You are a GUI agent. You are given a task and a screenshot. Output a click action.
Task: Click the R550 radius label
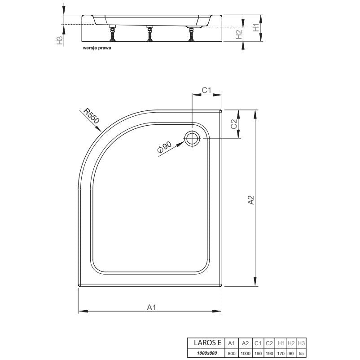(91, 116)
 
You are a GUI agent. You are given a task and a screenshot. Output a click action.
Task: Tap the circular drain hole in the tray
(192, 138)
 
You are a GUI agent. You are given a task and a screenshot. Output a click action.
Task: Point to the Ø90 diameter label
(164, 147)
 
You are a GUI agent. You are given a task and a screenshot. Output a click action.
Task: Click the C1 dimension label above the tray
(206, 90)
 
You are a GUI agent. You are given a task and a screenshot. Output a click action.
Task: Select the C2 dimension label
(234, 124)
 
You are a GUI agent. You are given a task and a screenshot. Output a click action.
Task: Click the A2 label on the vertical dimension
(251, 200)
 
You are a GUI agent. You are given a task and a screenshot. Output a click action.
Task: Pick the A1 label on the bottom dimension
(152, 307)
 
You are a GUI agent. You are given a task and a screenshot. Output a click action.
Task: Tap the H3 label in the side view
(59, 40)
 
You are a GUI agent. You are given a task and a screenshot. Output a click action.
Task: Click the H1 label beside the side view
(256, 27)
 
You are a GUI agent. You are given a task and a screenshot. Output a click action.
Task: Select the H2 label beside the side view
(239, 35)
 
